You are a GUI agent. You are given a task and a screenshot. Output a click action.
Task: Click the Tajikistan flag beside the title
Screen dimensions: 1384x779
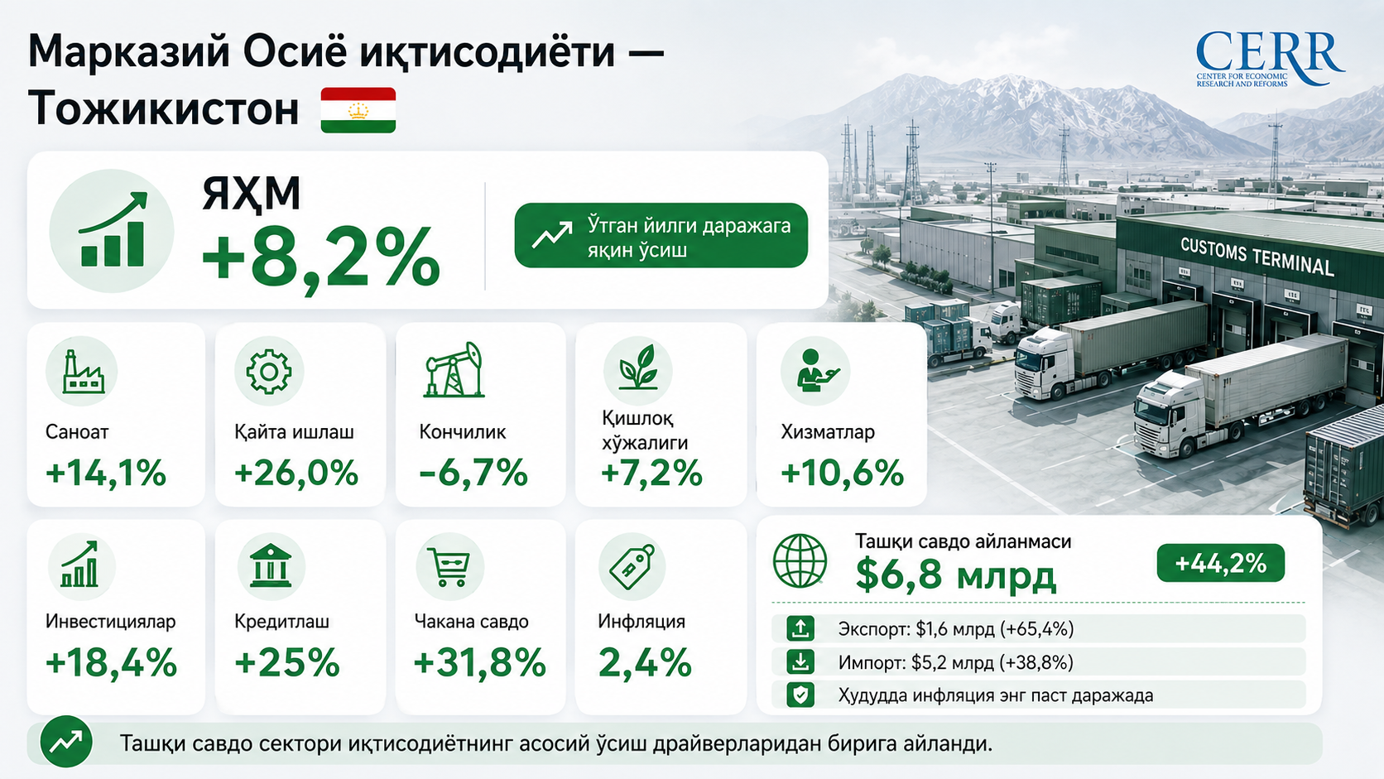click(x=358, y=110)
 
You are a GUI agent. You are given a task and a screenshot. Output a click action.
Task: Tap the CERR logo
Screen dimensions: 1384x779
click(x=1269, y=59)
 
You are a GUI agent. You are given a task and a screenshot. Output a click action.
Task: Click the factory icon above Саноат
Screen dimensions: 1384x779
click(x=84, y=372)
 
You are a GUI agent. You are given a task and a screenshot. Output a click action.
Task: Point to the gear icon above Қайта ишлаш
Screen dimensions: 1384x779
click(x=269, y=371)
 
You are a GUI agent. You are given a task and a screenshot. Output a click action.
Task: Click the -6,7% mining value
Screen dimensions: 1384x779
click(x=473, y=474)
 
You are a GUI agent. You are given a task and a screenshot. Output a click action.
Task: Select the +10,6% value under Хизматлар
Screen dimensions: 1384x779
click(x=842, y=474)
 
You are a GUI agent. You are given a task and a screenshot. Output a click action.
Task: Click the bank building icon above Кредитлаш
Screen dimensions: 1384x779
click(x=271, y=565)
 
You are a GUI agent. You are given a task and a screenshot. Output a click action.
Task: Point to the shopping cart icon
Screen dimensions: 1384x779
click(x=450, y=566)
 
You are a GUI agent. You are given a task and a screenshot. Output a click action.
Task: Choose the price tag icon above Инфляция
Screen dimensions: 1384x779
click(x=632, y=566)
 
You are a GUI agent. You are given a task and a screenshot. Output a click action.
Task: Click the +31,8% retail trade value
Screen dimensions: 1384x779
click(x=479, y=663)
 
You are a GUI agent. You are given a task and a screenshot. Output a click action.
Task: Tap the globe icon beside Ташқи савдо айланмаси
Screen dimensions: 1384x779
click(x=800, y=561)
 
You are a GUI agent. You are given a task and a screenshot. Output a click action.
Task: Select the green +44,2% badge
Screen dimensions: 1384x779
click(x=1220, y=563)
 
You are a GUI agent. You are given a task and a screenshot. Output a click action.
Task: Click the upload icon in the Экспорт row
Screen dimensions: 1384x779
click(x=800, y=629)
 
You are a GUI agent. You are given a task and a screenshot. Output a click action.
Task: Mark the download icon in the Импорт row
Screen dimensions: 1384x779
click(x=800, y=662)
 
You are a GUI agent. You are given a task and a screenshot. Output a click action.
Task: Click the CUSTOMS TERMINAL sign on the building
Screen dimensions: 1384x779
click(x=1257, y=257)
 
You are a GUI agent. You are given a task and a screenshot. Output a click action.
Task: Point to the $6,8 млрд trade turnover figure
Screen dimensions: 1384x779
click(x=956, y=575)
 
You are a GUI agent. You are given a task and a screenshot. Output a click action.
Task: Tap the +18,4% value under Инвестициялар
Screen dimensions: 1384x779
click(x=111, y=663)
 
